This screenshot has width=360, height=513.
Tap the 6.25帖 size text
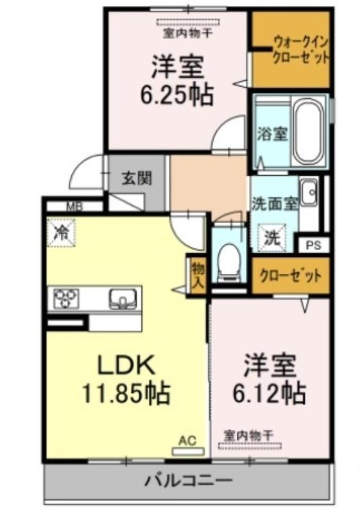[x=177, y=95]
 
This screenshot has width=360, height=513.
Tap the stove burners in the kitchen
[x=67, y=298]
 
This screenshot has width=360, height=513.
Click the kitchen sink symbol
[x=123, y=298]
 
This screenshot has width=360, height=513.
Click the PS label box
[x=314, y=246]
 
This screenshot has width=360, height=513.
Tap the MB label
[x=75, y=206]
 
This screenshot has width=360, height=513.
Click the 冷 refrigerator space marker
[x=61, y=233]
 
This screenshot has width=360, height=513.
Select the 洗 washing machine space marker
[x=273, y=238]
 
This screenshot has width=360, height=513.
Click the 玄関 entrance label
[x=137, y=178]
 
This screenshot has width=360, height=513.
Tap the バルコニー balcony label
[x=189, y=480]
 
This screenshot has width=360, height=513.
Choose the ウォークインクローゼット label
[x=300, y=50]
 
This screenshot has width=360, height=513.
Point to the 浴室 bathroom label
[x=273, y=134]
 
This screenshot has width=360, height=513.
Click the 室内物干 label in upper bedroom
[x=188, y=33]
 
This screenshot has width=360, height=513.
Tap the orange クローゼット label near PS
[x=290, y=276]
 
